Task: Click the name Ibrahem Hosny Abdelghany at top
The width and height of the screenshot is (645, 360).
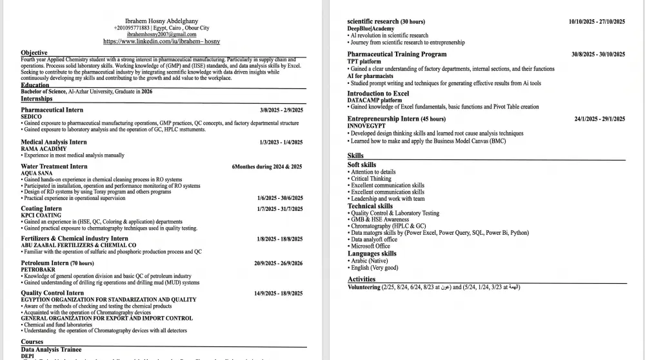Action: tap(161, 21)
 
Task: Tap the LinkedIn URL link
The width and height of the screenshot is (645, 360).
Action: tap(161, 41)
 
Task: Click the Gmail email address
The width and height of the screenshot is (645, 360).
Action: tap(161, 34)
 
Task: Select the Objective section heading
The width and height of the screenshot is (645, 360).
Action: tap(34, 52)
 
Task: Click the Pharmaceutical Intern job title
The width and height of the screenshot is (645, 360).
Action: tap(52, 110)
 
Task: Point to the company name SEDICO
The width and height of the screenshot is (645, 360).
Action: tap(31, 117)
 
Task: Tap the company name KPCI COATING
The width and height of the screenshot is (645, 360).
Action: tap(40, 215)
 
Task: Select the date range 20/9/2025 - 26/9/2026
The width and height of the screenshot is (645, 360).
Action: tap(278, 263)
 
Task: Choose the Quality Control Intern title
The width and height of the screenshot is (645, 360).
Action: tap(52, 293)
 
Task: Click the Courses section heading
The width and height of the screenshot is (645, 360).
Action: tap(32, 341)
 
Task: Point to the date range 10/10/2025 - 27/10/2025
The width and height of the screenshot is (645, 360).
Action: tap(597, 21)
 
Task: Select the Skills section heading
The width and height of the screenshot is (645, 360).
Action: tap(355, 155)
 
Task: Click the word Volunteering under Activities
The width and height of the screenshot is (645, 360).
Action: tap(364, 287)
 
